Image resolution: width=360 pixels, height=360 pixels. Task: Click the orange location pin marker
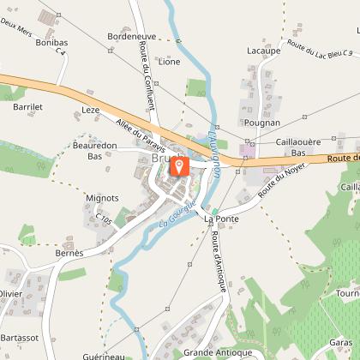(x=180, y=166)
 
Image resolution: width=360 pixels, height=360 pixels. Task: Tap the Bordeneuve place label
(x=132, y=37)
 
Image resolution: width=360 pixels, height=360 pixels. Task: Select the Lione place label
(x=169, y=62)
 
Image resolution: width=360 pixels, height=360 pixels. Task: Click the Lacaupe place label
(x=263, y=51)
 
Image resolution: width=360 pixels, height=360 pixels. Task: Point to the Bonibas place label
(x=52, y=42)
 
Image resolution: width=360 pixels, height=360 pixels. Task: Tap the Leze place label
(x=91, y=111)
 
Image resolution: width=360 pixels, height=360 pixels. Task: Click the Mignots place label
(x=103, y=198)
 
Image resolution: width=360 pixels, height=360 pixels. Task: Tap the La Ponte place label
(x=221, y=219)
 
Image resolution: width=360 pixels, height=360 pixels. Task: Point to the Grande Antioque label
(x=217, y=352)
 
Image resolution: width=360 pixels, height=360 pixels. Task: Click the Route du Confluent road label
(x=147, y=76)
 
